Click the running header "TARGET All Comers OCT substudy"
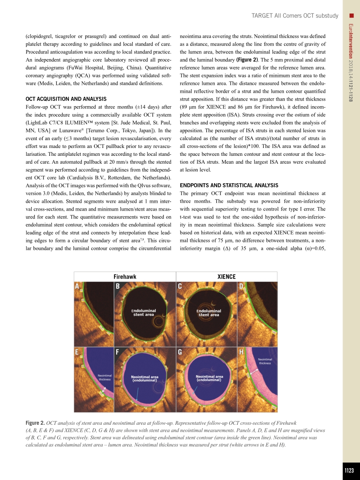(295, 16)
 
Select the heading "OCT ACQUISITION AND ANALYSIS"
(66, 99)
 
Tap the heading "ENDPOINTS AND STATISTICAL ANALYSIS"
(229, 185)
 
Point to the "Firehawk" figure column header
(125, 277)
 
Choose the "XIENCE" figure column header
(226, 277)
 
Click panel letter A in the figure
(77, 286)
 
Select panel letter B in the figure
(118, 286)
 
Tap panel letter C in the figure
(180, 286)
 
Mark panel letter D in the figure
(241, 286)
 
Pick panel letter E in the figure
(77, 353)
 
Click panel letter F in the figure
(118, 353)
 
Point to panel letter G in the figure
(180, 353)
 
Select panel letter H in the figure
(241, 353)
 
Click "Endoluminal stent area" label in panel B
(144, 312)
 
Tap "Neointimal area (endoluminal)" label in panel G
(209, 378)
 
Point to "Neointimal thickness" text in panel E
(104, 377)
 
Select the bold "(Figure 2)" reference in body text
(246, 60)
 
